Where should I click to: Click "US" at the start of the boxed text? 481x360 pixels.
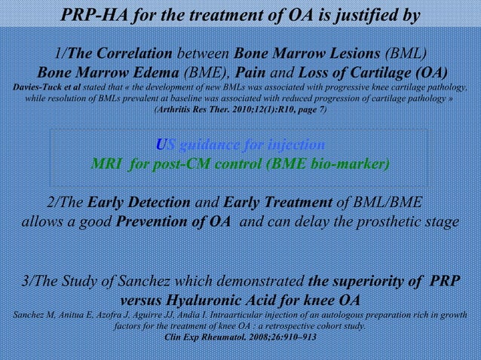(x=163, y=144)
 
